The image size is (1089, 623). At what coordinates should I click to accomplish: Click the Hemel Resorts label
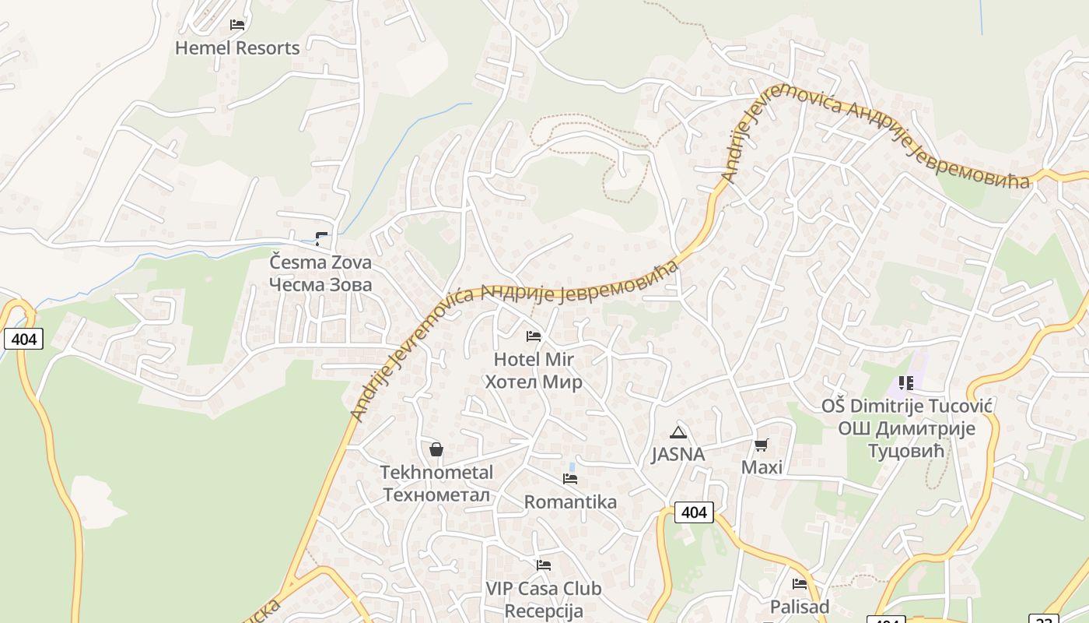237,48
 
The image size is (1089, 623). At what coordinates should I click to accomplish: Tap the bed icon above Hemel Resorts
237,25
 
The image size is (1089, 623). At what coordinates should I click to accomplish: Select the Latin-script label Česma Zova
320,262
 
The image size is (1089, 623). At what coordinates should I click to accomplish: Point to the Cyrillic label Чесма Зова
320,285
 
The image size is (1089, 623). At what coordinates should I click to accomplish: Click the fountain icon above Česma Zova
321,238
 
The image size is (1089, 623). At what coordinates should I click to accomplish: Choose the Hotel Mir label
534,360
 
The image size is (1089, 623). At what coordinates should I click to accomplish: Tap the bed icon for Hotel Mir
534,336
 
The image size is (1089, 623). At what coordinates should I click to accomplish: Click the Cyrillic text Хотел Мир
534,382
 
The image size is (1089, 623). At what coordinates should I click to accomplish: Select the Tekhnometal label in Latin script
436,473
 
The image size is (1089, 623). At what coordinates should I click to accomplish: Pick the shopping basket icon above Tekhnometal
436,449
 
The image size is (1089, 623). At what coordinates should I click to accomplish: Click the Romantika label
570,502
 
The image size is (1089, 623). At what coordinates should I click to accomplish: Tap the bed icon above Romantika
570,478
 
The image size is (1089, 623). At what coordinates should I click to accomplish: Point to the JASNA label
678,455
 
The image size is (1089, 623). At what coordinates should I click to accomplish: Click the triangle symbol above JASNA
678,432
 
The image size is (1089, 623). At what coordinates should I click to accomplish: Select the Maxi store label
762,467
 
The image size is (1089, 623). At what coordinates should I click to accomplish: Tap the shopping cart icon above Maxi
762,445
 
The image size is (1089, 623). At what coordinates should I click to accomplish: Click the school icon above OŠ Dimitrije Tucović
905,382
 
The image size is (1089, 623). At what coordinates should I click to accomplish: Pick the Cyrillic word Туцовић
905,452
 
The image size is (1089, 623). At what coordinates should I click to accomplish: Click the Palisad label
800,607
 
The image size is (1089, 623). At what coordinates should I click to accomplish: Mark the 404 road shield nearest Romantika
693,512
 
